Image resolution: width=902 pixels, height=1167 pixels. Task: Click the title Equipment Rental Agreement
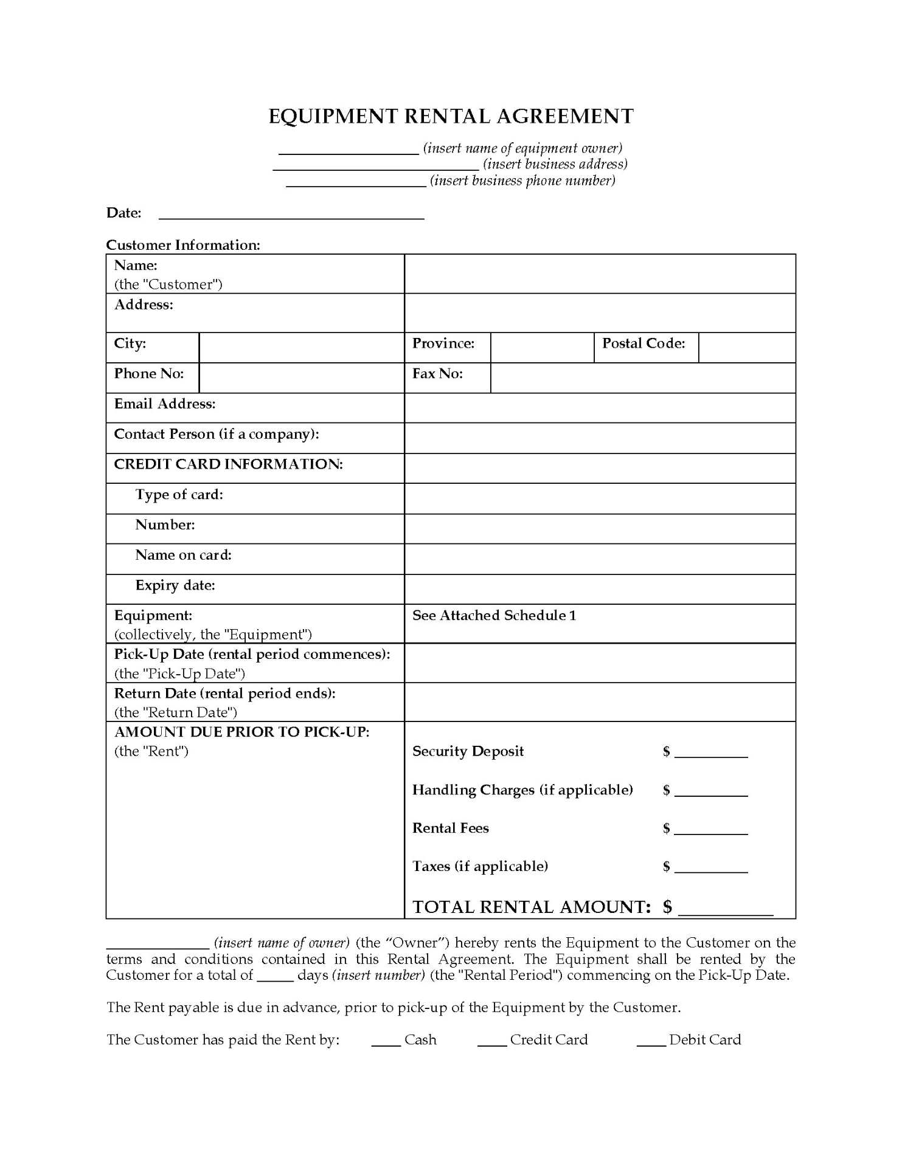coord(451,116)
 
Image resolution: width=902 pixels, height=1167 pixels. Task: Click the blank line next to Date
coord(291,214)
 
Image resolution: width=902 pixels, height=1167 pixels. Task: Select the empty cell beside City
coord(301,348)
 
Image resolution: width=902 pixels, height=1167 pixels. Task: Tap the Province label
coord(443,343)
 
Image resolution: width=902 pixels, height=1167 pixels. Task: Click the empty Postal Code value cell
coord(746,348)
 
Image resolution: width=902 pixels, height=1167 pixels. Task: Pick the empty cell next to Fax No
coord(642,378)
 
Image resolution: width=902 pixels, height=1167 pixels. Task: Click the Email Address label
coord(165,404)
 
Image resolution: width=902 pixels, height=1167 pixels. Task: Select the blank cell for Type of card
coord(599,498)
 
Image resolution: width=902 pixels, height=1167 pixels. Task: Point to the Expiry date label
coord(175,585)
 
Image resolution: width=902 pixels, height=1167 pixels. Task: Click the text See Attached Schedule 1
coord(494,616)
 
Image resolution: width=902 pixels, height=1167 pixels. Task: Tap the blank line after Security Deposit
coord(711,754)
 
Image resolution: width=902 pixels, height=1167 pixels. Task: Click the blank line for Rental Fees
coord(711,831)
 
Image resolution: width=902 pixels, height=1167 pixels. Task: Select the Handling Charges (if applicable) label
coord(522,790)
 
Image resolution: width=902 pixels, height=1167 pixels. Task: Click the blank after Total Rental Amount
coord(725,910)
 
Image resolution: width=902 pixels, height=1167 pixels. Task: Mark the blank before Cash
coord(386,1042)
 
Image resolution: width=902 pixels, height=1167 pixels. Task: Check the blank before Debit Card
coord(651,1042)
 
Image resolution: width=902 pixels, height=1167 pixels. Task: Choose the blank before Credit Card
coord(492,1042)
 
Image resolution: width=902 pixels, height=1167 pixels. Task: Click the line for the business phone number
coord(356,182)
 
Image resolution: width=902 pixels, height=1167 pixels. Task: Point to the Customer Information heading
coord(183,245)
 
